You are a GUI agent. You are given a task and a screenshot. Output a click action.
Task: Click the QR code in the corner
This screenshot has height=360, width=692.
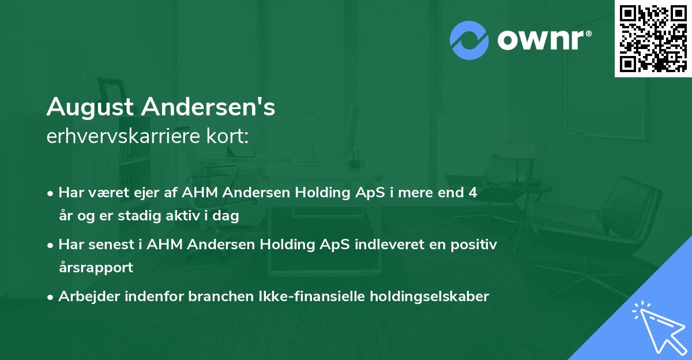tap(653, 39)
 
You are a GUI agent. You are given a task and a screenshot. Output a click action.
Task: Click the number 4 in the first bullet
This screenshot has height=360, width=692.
tap(473, 193)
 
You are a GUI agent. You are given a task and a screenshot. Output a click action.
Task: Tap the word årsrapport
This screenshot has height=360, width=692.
tap(96, 268)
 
